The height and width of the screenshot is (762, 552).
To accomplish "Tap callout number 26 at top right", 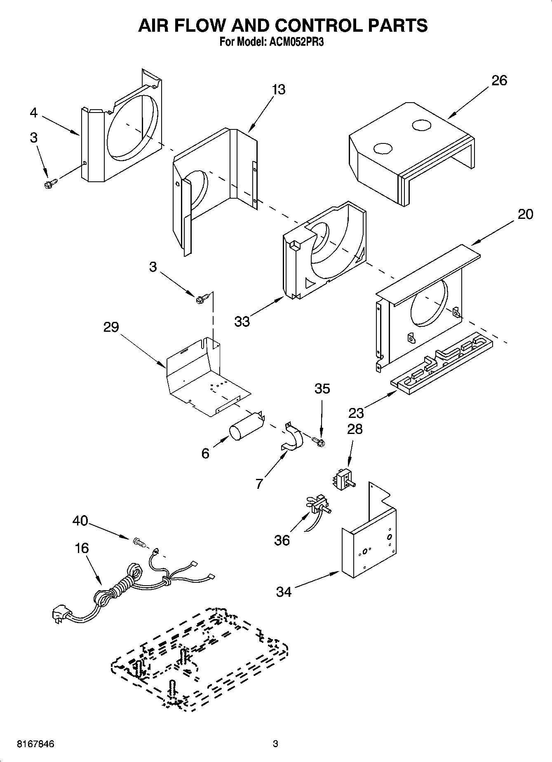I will pyautogui.click(x=499, y=80).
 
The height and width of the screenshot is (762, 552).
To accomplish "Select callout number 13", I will pyautogui.click(x=279, y=89).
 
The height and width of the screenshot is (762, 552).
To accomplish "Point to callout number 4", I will pyautogui.click(x=34, y=113).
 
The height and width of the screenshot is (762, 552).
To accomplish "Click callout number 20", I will pyautogui.click(x=525, y=214).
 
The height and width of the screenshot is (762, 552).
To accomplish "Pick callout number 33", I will pyautogui.click(x=242, y=321).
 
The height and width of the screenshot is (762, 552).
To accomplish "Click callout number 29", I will pyautogui.click(x=111, y=327).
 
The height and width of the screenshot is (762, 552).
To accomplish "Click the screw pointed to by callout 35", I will pyautogui.click(x=319, y=442).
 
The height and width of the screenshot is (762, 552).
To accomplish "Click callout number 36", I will pyautogui.click(x=282, y=540).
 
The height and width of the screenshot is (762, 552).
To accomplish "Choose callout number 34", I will pyautogui.click(x=284, y=592).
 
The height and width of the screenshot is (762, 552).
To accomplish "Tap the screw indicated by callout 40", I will pyautogui.click(x=139, y=543).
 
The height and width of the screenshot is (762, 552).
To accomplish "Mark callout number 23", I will pyautogui.click(x=356, y=413).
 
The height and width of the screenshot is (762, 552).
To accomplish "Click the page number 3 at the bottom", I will pyautogui.click(x=275, y=744).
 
